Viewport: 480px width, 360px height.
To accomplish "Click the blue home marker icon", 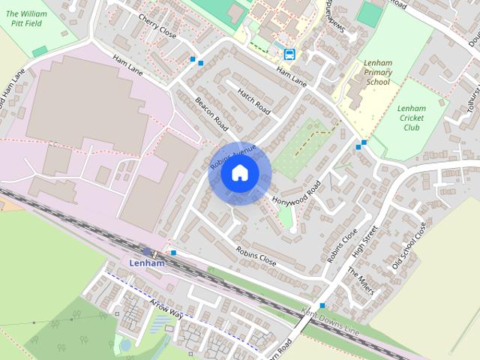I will [239, 172].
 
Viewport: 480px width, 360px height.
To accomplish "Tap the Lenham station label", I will [146, 264].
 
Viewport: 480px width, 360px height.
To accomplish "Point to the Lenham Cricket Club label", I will [411, 118].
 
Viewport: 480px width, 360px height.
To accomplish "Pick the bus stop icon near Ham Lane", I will [289, 53].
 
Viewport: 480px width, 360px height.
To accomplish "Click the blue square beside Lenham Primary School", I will [364, 142].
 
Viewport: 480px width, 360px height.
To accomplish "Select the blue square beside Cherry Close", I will [193, 58].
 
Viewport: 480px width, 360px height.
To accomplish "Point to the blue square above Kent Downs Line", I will [322, 305].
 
